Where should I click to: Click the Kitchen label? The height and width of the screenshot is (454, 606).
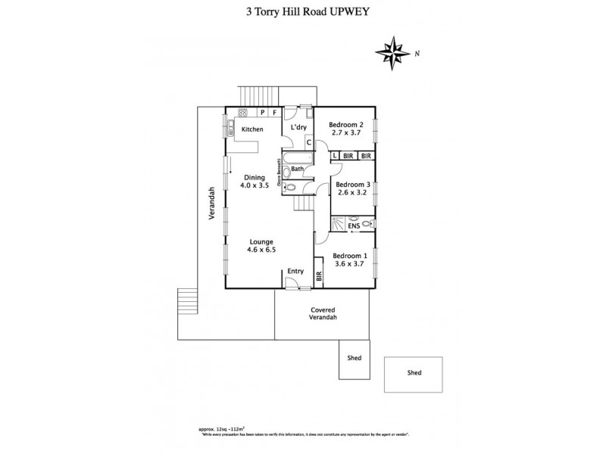tap(252, 129)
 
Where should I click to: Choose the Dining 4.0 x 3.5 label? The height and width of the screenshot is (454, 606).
tap(254, 182)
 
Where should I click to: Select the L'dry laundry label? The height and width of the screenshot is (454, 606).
tap(297, 128)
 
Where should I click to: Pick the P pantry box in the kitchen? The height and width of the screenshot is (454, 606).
tap(262, 113)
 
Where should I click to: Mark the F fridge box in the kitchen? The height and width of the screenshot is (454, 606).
tap(274, 113)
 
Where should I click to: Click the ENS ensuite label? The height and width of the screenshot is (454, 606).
tap(353, 225)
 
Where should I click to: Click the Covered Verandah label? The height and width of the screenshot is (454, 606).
tap(323, 314)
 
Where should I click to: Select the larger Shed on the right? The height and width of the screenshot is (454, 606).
tap(414, 373)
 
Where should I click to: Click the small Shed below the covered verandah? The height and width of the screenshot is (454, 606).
tap(353, 358)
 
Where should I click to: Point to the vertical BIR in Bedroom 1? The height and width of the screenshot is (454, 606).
tap(319, 278)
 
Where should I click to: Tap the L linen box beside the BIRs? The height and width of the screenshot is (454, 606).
tap(336, 156)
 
